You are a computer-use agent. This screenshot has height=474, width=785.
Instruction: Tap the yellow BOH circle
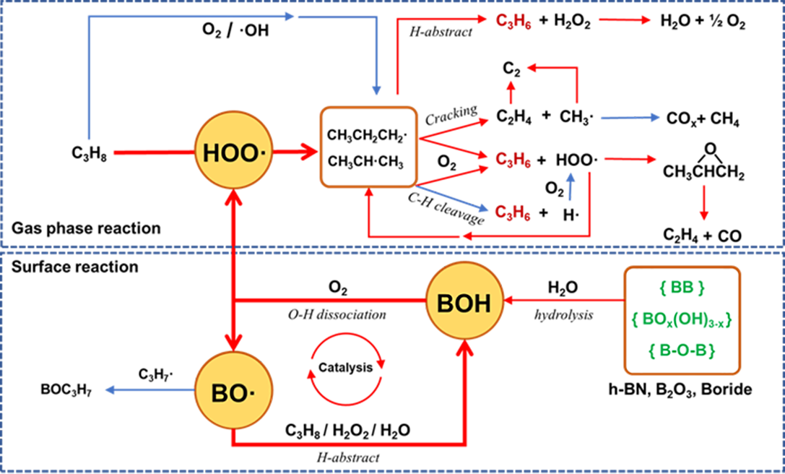pyautogui.click(x=464, y=303)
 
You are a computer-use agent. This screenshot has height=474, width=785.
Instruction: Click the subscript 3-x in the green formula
pyautogui.click(x=721, y=324)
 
